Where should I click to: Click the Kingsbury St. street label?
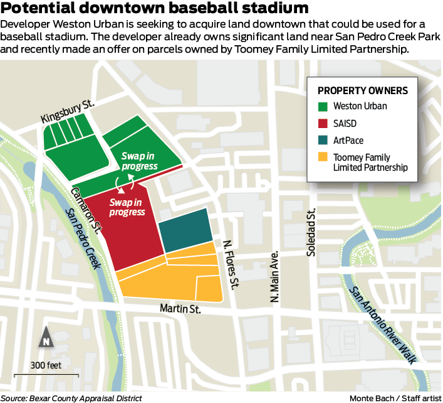pyautogui.click(x=67, y=112)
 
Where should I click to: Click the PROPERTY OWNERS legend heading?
pyautogui.click(x=363, y=90)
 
